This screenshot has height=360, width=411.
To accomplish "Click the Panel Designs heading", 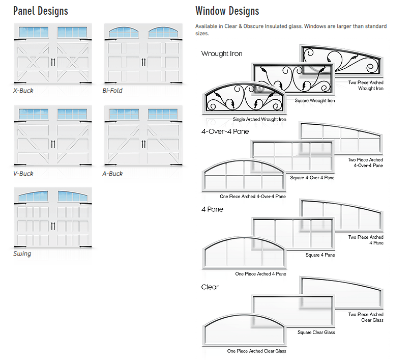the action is (41, 11).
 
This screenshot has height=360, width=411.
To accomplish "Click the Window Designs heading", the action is (227, 11).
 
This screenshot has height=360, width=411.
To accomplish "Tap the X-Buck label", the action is (23, 91).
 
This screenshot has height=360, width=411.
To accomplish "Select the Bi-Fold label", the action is (112, 91).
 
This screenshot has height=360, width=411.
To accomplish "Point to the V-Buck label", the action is (23, 174).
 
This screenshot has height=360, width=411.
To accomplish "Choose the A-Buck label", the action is (112, 174).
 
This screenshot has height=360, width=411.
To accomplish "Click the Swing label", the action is (22, 254).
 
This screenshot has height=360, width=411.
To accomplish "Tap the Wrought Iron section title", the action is (222, 53).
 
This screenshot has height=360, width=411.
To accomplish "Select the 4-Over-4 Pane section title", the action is (225, 131).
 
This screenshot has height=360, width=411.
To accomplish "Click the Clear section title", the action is (210, 287).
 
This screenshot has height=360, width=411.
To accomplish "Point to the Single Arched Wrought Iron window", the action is (244, 98).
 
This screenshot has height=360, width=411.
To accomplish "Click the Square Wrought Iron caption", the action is (315, 100).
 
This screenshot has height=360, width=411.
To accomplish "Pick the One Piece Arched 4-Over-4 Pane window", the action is (244, 175).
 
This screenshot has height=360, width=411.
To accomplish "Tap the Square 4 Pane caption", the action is (320, 255).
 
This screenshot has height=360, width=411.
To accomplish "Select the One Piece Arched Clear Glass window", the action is (244, 330).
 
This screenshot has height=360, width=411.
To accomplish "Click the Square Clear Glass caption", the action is (316, 332).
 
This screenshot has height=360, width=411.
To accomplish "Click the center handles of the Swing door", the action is (53, 226).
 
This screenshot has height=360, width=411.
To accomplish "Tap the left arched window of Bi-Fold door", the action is (124, 32).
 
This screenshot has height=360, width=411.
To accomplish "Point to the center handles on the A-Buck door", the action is (143, 144).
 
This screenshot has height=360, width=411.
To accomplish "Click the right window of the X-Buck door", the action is (72, 32).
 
